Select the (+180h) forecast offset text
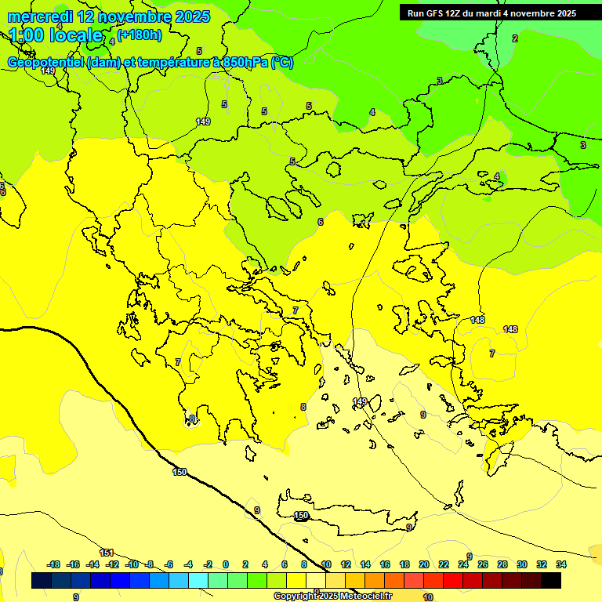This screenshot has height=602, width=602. coord(140,34)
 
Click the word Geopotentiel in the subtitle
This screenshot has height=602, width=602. coord(46,63)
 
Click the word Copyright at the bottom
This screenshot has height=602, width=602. coord(296,596)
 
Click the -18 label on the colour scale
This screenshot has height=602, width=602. coord(54,564)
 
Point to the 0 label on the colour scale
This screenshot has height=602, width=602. coord(226,564)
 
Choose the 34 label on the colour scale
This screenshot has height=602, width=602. coord(561,564)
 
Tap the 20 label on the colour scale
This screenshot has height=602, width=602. coord(424,564)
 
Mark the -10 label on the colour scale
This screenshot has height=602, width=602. coord(132,564)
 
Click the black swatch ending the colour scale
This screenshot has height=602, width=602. coord(551,580)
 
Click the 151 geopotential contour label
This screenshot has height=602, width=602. coord(107,553)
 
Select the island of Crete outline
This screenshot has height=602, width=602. coord(345,513)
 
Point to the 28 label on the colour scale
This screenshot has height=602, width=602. coord(502,564)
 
